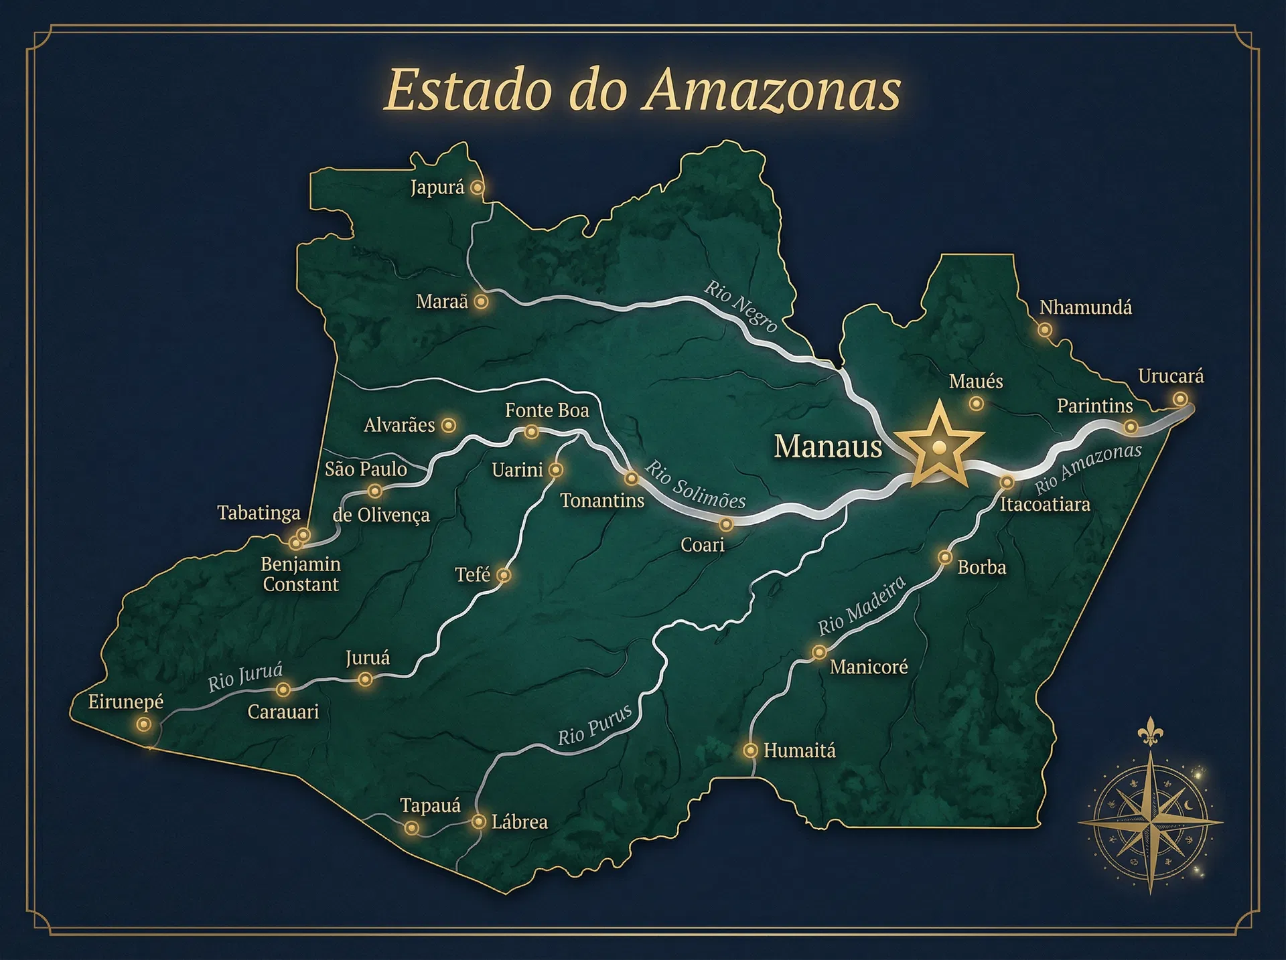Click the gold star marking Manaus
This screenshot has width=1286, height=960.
pyautogui.click(x=939, y=446)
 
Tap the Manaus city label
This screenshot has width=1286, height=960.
pyautogui.click(x=828, y=447)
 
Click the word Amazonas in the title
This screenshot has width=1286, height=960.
pyautogui.click(x=772, y=90)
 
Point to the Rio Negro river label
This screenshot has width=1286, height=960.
pyautogui.click(x=741, y=306)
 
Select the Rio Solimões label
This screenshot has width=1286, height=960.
pyautogui.click(x=695, y=485)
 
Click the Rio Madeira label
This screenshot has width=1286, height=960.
pyautogui.click(x=861, y=605)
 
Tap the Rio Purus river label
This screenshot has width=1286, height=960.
pyautogui.click(x=595, y=725)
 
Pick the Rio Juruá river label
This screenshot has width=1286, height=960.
pyautogui.click(x=245, y=677)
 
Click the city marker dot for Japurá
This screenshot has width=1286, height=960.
pyautogui.click(x=477, y=187)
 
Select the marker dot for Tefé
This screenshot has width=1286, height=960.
pyautogui.click(x=504, y=574)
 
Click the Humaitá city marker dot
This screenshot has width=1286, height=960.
pyautogui.click(x=750, y=750)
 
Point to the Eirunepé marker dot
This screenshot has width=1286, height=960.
pyautogui.click(x=143, y=724)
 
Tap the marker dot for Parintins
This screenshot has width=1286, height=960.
pyautogui.click(x=1131, y=426)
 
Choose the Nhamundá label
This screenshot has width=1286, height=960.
pyautogui.click(x=1085, y=308)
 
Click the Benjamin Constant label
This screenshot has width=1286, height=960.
pyautogui.click(x=301, y=574)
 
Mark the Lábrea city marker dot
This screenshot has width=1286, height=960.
pyautogui.click(x=478, y=821)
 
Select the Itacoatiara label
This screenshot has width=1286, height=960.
pyautogui.click(x=1045, y=504)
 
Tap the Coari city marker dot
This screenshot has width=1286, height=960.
pyautogui.click(x=726, y=524)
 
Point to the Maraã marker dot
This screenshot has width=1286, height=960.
pyautogui.click(x=481, y=302)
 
